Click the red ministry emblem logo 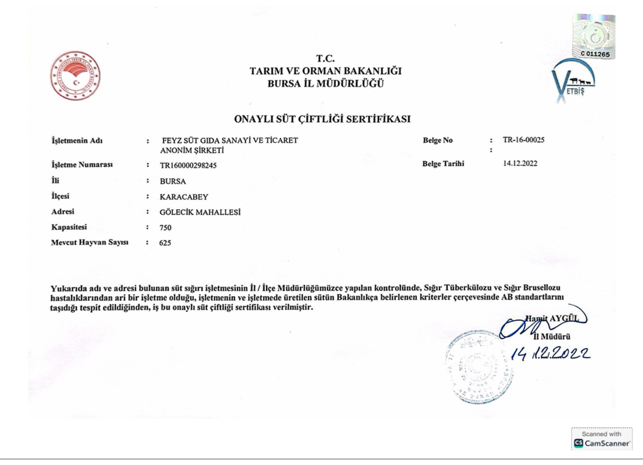pyautogui.click(x=75, y=76)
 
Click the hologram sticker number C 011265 pyautogui.click(x=595, y=54)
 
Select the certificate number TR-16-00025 pyautogui.click(x=523, y=140)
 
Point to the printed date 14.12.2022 pyautogui.click(x=520, y=163)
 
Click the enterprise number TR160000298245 pyautogui.click(x=188, y=165)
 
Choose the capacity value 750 pyautogui.click(x=165, y=228)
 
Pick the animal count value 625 pyautogui.click(x=165, y=243)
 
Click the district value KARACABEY pyautogui.click(x=184, y=197)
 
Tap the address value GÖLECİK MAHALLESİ pyautogui.click(x=200, y=212)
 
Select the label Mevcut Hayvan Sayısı pyautogui.click(x=90, y=242)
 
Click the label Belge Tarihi pyautogui.click(x=443, y=164)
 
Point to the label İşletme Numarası pyautogui.click(x=82, y=165)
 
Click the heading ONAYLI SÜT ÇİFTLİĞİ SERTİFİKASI pyautogui.click(x=322, y=119)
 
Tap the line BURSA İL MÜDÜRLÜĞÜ pyautogui.click(x=325, y=84)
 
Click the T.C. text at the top pyautogui.click(x=325, y=58)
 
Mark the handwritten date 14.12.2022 pyautogui.click(x=550, y=354)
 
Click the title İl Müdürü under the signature pyautogui.click(x=552, y=337)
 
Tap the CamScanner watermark pyautogui.click(x=602, y=439)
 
